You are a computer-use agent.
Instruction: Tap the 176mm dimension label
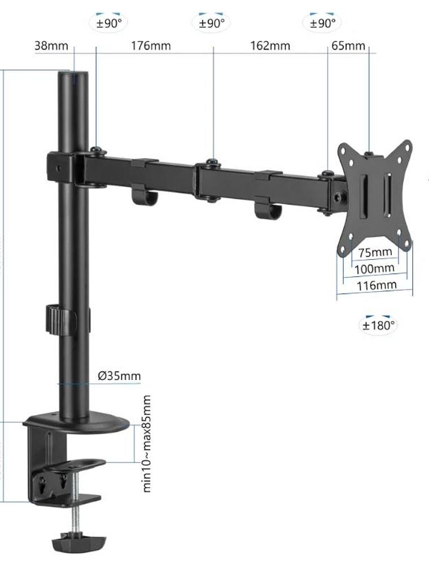point(151,46)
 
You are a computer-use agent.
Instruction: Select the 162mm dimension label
point(270,46)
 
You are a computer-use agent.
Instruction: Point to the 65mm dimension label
point(348,46)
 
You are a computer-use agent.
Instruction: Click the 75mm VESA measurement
point(375,252)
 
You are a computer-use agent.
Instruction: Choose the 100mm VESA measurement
point(375,268)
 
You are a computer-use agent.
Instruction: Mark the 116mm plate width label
point(376,285)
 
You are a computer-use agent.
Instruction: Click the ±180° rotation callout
point(379,325)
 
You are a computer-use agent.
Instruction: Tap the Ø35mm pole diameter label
point(119,375)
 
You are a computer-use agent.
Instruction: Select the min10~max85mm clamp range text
point(147,443)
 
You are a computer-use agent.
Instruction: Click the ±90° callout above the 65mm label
point(322,23)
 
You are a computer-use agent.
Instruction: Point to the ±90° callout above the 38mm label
point(109,23)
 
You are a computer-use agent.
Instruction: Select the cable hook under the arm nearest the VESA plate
point(268,209)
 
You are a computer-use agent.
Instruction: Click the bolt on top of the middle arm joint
point(212,163)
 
